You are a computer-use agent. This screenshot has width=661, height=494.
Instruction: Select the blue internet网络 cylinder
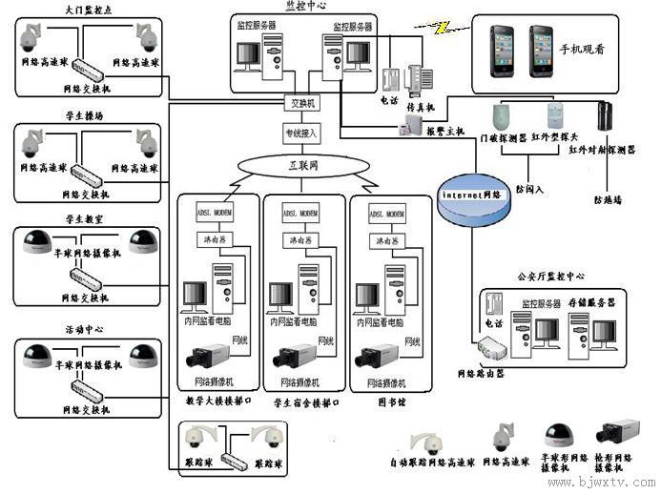click(x=470, y=196)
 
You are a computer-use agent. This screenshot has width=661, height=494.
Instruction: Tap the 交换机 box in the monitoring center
click(x=302, y=102)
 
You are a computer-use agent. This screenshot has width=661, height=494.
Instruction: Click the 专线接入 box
click(x=302, y=133)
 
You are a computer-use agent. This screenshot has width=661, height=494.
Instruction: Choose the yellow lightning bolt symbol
click(x=441, y=28)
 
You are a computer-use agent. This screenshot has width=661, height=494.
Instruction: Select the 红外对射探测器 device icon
click(x=604, y=115)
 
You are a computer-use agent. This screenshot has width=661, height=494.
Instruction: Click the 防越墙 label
click(x=608, y=199)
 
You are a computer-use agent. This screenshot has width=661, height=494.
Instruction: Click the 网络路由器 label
click(x=482, y=374)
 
